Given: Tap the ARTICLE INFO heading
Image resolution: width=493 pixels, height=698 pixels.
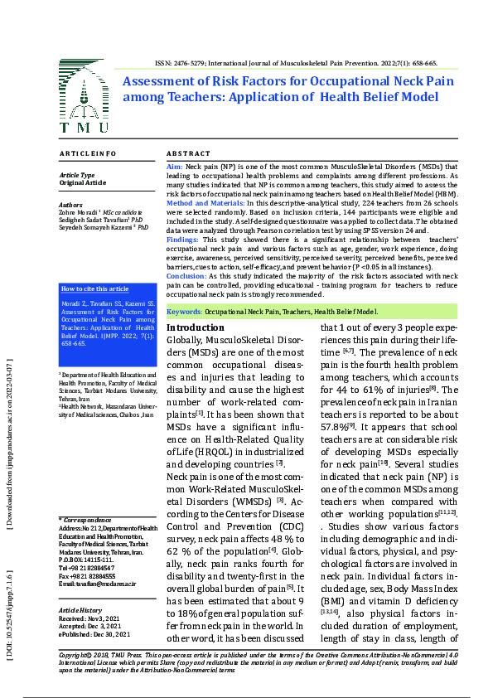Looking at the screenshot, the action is (88, 154).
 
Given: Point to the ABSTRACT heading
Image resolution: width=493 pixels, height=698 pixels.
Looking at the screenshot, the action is (189, 154).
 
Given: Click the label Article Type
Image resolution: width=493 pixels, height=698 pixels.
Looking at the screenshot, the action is (76, 175).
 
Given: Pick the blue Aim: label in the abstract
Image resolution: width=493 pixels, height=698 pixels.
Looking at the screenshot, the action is (175, 167).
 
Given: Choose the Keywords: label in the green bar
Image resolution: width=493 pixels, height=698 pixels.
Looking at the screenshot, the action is (185, 312).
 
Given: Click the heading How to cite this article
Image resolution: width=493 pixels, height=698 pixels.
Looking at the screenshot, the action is (95, 288).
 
